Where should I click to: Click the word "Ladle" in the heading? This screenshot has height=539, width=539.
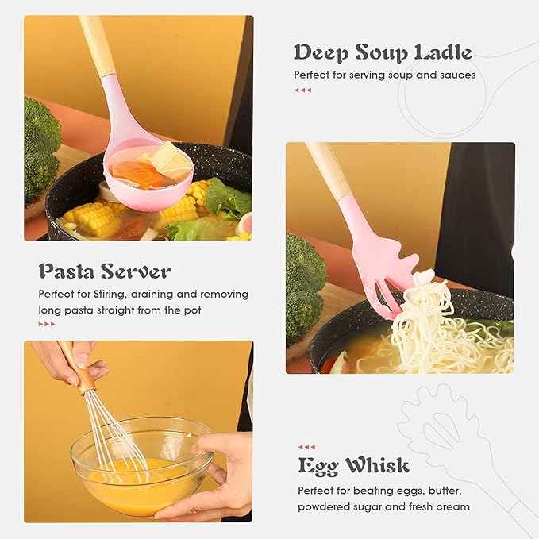tap(440, 53)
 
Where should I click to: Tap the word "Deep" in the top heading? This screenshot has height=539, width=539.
tap(319, 53)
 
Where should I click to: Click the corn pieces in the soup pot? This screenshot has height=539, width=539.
tap(87, 213)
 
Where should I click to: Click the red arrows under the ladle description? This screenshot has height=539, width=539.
tap(302, 90)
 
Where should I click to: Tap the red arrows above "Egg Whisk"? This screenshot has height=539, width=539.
tap(306, 447)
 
